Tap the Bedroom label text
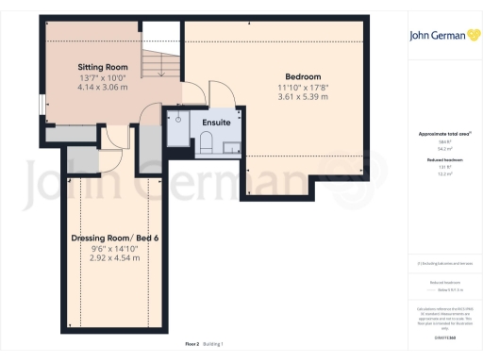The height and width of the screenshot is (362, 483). (303, 76)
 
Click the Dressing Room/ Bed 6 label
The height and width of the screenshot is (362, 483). (114, 238)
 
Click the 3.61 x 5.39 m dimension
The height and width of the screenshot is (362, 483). (303, 96)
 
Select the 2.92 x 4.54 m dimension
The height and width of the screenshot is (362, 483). (114, 257)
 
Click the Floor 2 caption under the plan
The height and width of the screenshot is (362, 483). (192, 345)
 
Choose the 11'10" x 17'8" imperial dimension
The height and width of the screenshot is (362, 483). (303, 87)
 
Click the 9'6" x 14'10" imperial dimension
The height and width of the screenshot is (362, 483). (114, 248)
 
